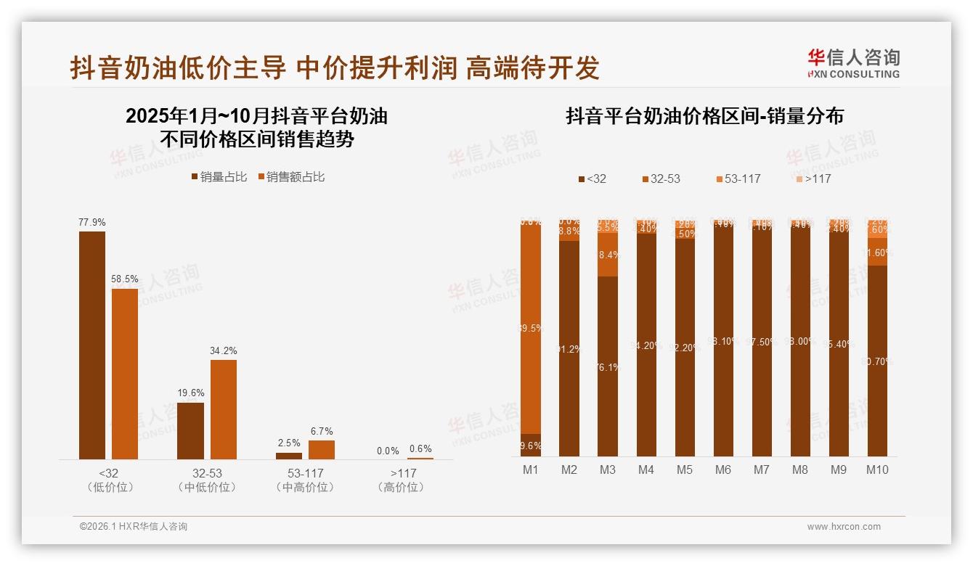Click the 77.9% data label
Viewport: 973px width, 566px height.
92,222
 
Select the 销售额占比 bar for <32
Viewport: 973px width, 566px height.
124,374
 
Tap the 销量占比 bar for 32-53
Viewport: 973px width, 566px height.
190,431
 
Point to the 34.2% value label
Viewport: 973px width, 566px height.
223,350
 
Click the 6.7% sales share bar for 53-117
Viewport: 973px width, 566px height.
322,450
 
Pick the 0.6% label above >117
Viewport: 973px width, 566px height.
420,448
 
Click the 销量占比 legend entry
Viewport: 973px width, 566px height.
219,177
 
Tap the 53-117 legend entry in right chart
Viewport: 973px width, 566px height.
738,179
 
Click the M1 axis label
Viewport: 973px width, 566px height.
531,470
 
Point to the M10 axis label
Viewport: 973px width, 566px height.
877,470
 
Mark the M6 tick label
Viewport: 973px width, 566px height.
723,470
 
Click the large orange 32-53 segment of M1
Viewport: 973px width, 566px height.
531,328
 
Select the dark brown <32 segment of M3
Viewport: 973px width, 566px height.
608,366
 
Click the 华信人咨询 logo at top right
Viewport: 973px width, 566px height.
853,63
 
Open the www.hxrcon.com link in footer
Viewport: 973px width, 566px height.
844,527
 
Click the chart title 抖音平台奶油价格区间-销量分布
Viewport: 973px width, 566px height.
704,116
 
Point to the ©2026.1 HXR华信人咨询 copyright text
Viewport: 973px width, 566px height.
134,527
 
